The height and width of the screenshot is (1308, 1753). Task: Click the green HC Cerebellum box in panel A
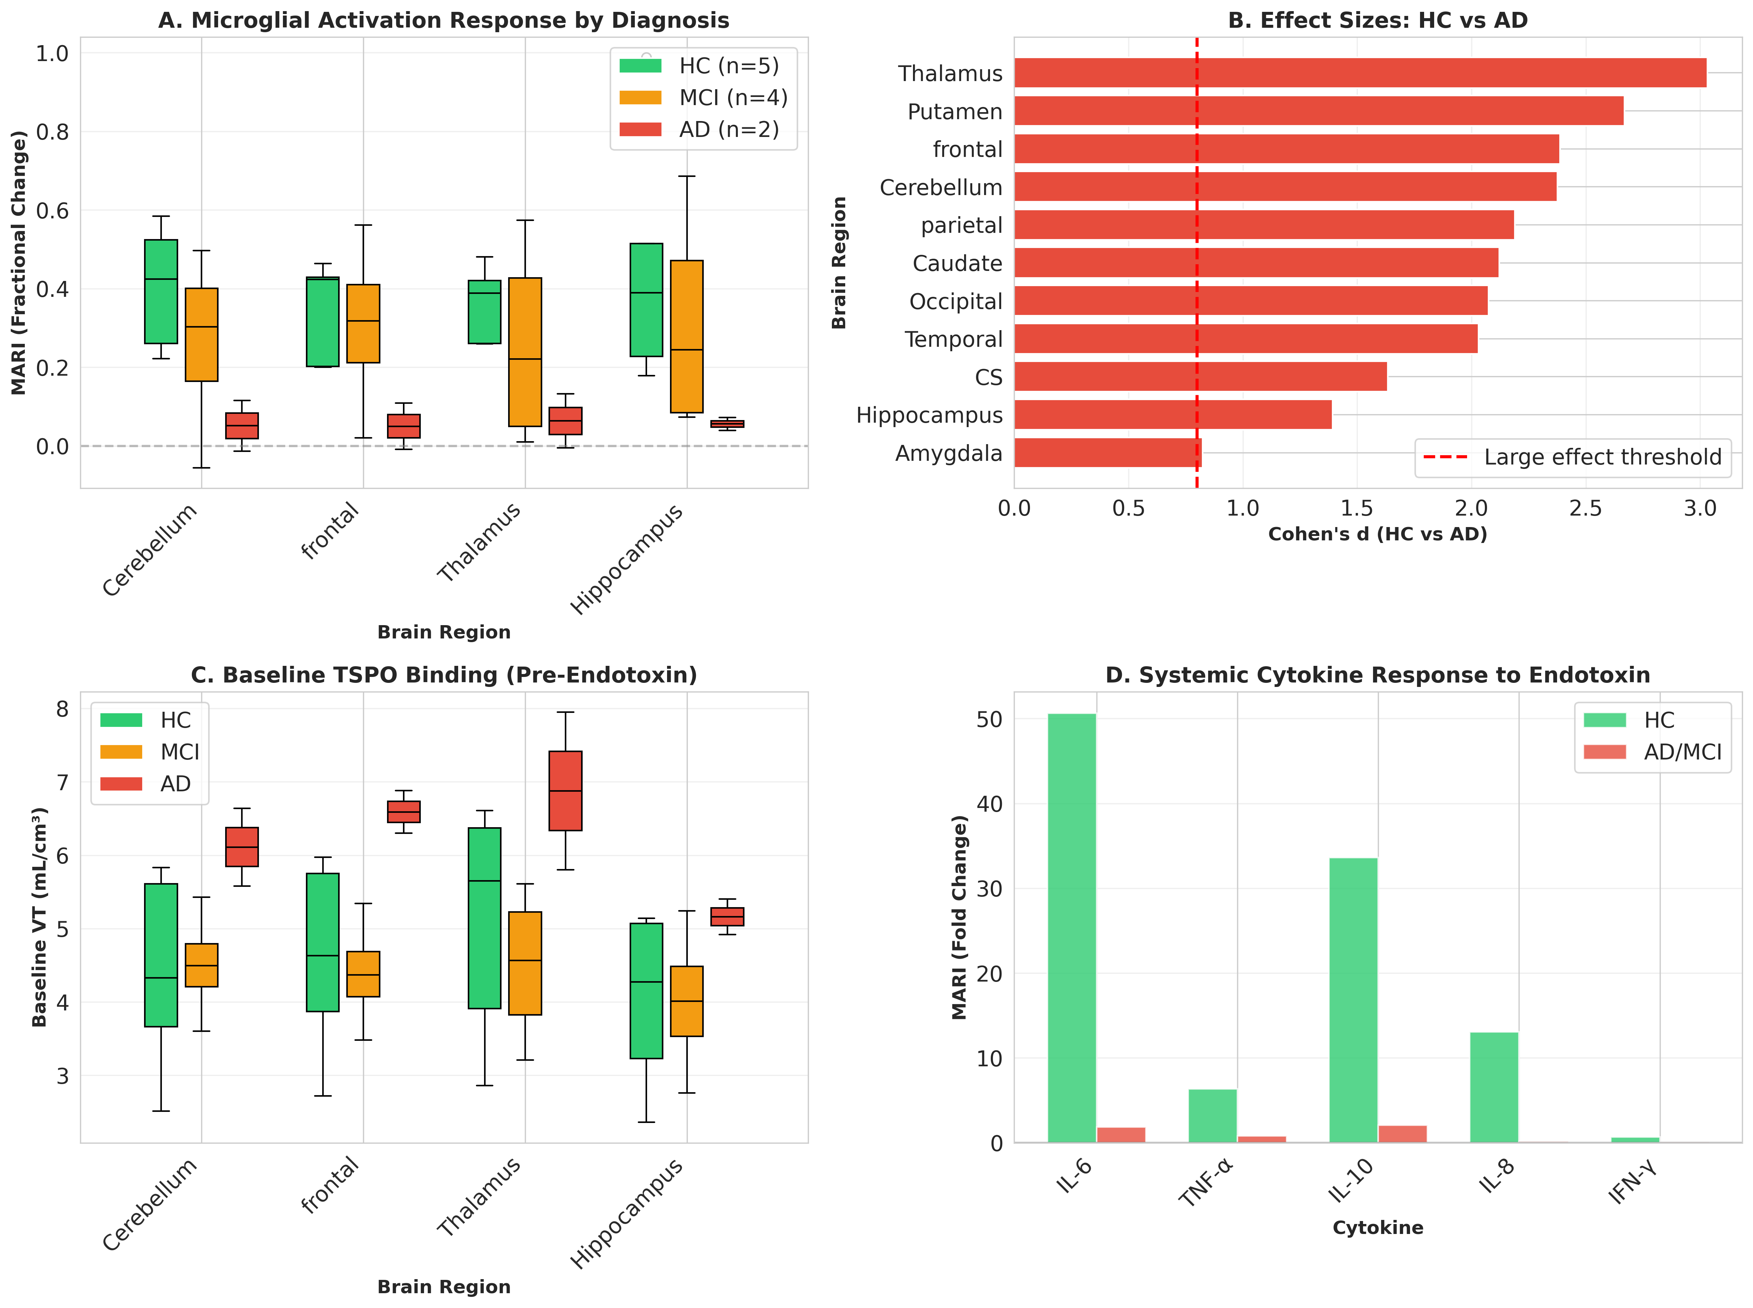click(x=161, y=291)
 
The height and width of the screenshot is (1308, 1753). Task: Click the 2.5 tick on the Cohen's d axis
click(x=1585, y=508)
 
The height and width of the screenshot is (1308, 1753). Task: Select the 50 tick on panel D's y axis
click(x=989, y=719)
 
